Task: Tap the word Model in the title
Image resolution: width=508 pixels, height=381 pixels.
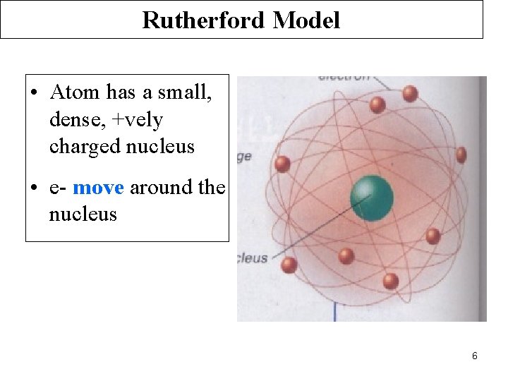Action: click(x=306, y=20)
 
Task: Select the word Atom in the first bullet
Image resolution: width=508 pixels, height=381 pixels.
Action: click(x=75, y=92)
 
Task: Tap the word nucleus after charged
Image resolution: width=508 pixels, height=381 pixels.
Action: click(x=159, y=147)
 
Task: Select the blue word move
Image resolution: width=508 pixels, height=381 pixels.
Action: click(x=98, y=188)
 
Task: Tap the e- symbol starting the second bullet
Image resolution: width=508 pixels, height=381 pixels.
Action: click(x=58, y=188)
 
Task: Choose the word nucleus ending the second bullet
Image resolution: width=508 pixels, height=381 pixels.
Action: click(x=83, y=214)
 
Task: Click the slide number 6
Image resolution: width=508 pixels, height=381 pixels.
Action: click(x=475, y=356)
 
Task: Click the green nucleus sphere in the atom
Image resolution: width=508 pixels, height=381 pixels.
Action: click(x=372, y=197)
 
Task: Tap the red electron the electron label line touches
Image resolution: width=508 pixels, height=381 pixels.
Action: click(x=410, y=93)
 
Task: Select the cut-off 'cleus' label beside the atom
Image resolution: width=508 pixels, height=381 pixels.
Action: click(x=253, y=258)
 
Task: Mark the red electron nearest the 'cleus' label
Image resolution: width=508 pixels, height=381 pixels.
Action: click(x=289, y=265)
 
